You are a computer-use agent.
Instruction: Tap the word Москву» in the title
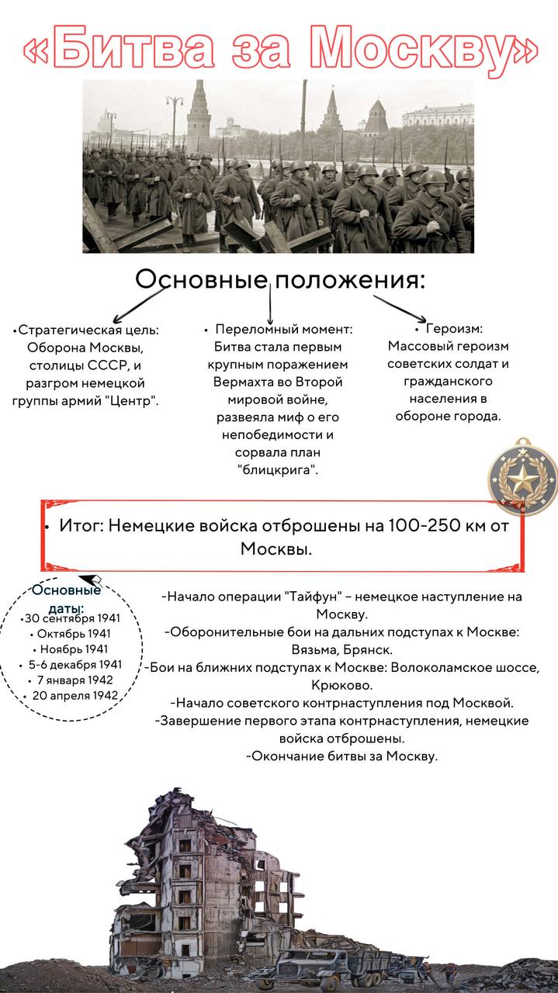[x=423, y=50]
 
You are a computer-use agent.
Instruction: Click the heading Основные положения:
[x=280, y=280]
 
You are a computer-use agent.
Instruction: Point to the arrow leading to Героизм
[x=399, y=308]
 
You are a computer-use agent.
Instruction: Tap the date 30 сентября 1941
[x=71, y=618]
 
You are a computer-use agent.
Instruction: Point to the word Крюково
[x=341, y=685]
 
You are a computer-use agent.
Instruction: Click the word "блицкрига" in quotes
[x=278, y=470]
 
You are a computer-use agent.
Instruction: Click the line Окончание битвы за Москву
[x=342, y=756]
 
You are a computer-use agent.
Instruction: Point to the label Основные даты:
[x=67, y=598]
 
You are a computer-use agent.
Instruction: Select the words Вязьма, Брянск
[x=342, y=650]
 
